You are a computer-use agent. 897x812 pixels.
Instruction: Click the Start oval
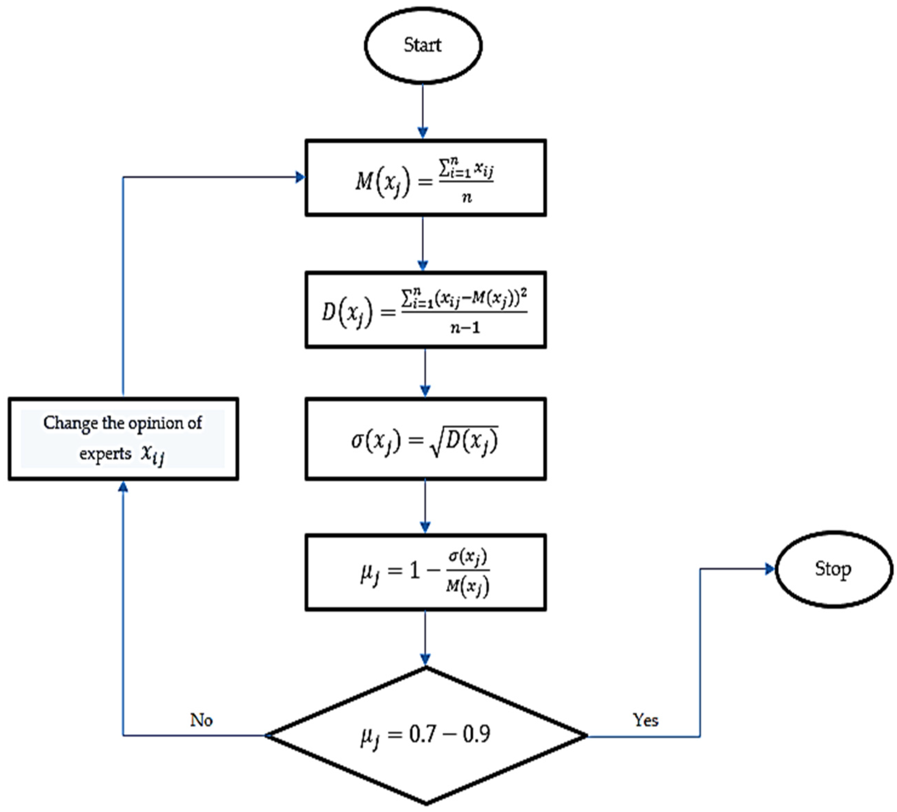(x=423, y=45)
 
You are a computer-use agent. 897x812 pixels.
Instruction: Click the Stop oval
(x=833, y=569)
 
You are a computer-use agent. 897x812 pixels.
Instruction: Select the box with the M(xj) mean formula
(x=425, y=178)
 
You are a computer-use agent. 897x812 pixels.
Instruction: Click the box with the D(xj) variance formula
(x=425, y=310)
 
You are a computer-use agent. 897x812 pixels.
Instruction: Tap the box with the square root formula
(x=425, y=439)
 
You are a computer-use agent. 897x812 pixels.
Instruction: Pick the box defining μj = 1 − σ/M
(x=425, y=573)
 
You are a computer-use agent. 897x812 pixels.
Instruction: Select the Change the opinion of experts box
(x=123, y=439)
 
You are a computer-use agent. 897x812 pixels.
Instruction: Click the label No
(x=201, y=720)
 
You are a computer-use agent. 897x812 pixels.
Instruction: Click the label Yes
(x=645, y=720)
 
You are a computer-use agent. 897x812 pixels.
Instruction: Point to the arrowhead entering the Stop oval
(x=770, y=569)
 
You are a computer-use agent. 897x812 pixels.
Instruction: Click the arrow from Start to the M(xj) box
(x=423, y=111)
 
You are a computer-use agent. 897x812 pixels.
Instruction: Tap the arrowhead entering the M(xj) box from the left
(x=300, y=177)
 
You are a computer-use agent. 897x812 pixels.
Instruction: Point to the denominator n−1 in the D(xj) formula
(x=465, y=328)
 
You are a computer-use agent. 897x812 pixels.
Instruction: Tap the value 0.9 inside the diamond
(x=476, y=734)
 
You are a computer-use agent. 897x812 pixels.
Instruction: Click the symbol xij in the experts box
(x=153, y=454)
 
